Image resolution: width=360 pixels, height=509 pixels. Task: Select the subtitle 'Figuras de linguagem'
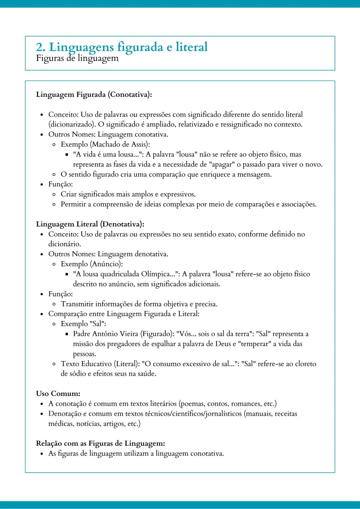pos(77,58)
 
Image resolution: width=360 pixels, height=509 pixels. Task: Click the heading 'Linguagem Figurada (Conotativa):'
pos(94,95)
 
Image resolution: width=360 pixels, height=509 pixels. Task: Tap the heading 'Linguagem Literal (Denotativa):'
pos(90,224)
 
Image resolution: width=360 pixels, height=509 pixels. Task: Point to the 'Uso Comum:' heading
pos(58,394)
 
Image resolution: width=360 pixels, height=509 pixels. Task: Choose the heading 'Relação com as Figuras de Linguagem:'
pos(100,444)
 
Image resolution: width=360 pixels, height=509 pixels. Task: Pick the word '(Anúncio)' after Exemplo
pos(106,264)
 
